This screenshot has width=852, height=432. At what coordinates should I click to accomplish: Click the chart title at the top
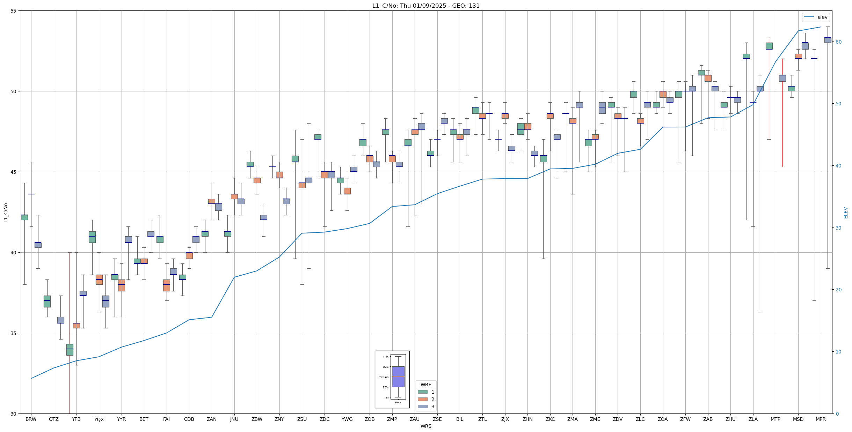[x=426, y=6]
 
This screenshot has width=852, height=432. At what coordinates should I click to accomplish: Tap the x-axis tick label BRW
[x=31, y=419]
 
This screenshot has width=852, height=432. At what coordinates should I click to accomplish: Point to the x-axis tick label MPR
[x=821, y=419]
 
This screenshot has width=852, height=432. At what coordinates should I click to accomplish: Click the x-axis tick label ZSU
[x=302, y=419]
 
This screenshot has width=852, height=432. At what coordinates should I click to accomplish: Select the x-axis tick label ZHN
[x=527, y=419]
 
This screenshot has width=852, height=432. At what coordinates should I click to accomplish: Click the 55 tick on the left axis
[x=14, y=11]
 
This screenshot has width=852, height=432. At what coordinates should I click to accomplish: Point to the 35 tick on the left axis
[x=14, y=333]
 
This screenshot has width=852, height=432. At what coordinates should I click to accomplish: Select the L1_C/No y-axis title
[x=6, y=212]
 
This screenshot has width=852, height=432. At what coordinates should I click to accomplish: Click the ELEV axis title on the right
[x=846, y=212]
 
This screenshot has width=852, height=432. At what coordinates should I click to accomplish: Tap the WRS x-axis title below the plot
[x=426, y=426]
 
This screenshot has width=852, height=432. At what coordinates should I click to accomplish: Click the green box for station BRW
[x=24, y=217]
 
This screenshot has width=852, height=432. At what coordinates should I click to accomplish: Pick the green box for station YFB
[x=70, y=350]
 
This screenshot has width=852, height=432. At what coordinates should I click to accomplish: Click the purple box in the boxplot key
[x=398, y=377]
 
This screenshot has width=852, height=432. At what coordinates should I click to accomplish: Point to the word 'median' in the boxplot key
[x=383, y=377]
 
